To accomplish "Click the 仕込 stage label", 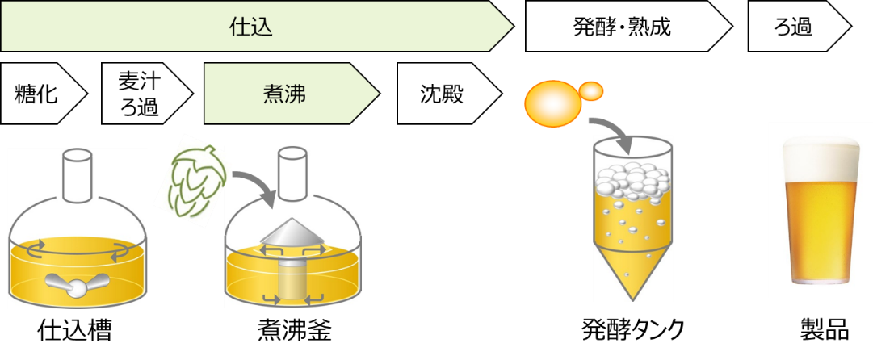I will coord(250,27).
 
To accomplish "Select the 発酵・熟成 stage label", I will coord(622,27).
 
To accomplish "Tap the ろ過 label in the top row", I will coord(793,27).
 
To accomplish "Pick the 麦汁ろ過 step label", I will coord(140,94).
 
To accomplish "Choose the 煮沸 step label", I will coord(283,94).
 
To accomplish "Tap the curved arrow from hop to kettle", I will coord(254,184).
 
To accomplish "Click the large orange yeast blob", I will coord(552,101).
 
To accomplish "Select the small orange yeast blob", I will coord(592,91).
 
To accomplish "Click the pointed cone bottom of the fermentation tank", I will coord(632,270).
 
